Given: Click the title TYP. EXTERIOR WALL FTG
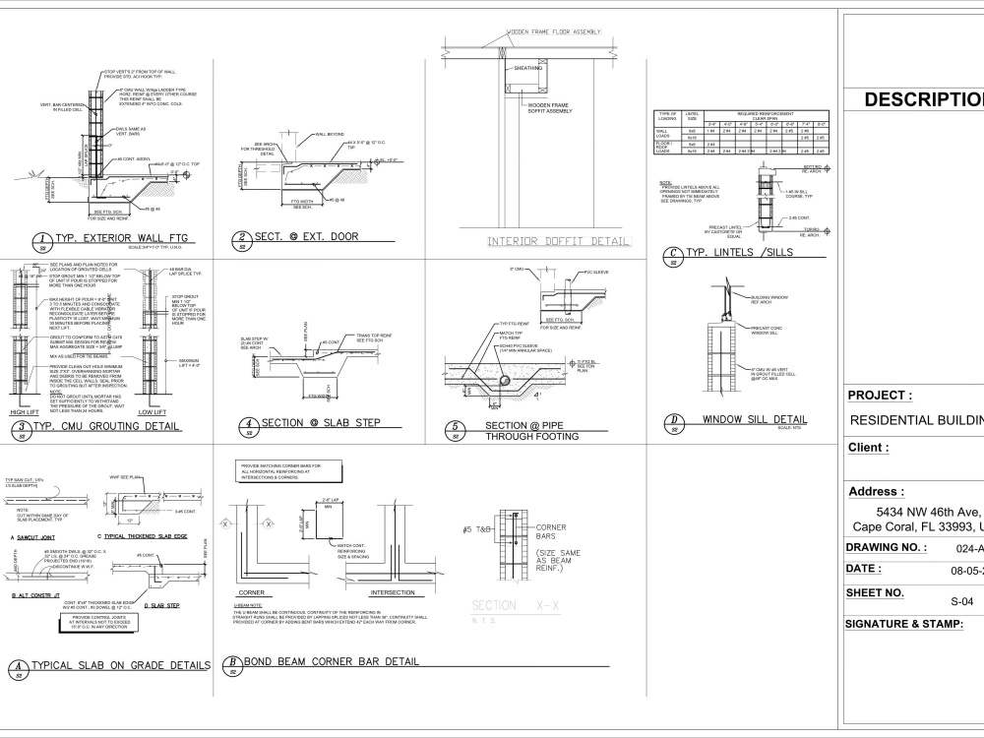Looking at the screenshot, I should click(120, 238).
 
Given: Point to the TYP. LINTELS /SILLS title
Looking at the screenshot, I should click(737, 253).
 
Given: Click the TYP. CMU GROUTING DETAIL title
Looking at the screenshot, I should click(107, 426).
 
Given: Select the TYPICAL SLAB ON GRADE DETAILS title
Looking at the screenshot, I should click(120, 666).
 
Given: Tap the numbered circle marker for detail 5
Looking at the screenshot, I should click(455, 428).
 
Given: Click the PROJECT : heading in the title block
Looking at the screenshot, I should click(880, 396).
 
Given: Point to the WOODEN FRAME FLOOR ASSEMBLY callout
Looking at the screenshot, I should click(553, 32).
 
